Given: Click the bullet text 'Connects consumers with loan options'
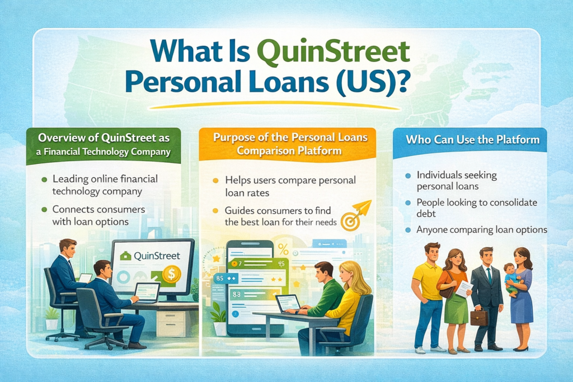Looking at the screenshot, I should (x=98, y=215).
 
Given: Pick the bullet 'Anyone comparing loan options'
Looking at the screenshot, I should (x=481, y=230).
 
